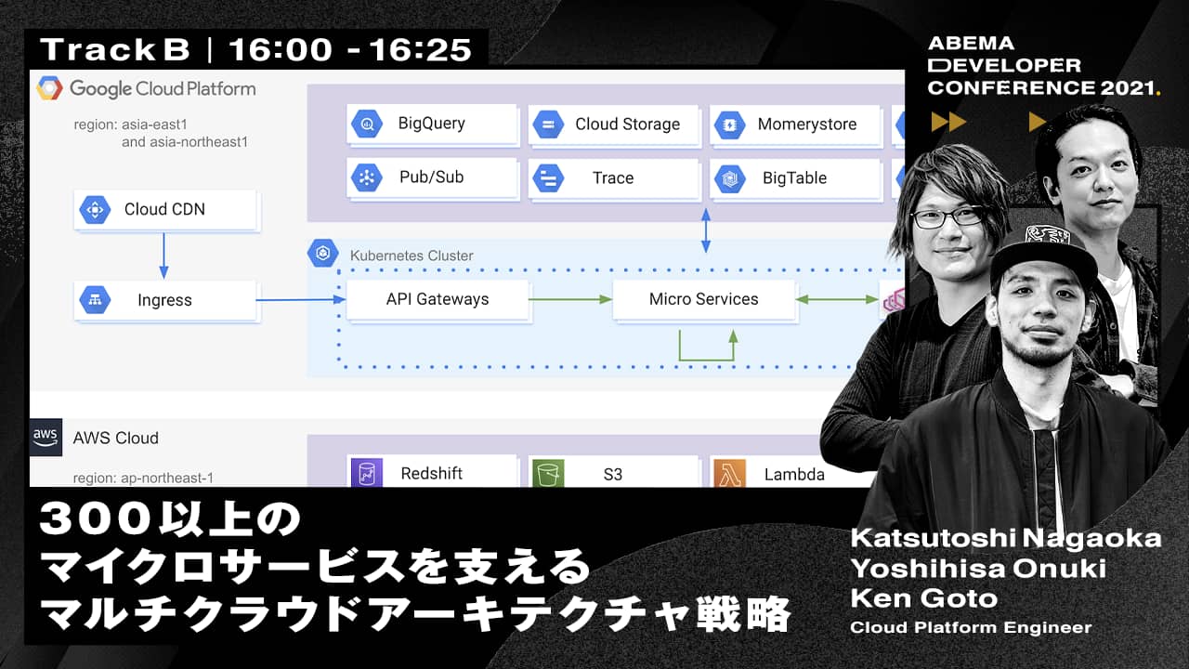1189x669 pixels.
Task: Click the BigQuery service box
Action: [432, 124]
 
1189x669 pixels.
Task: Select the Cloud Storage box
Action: [614, 125]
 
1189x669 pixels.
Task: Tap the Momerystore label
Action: [807, 125]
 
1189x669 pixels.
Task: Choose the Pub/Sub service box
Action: [432, 177]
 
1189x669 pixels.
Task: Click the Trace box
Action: [614, 177]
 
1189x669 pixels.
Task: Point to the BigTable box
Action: [796, 177]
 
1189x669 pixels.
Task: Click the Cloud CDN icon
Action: [95, 209]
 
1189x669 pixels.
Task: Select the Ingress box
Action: [165, 300]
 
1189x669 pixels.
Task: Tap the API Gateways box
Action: [438, 299]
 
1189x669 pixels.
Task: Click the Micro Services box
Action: [704, 299]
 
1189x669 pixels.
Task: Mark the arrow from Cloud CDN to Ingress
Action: [163, 256]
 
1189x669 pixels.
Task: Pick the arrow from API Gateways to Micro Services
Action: [570, 299]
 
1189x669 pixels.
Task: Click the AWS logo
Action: [46, 438]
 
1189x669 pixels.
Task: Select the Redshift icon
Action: [367, 473]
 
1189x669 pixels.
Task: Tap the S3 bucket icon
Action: [548, 473]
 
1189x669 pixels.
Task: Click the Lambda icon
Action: [729, 473]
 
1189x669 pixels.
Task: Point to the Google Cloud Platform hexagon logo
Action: [50, 88]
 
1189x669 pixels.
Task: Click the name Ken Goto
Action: [924, 598]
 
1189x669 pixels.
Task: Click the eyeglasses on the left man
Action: [947, 217]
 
